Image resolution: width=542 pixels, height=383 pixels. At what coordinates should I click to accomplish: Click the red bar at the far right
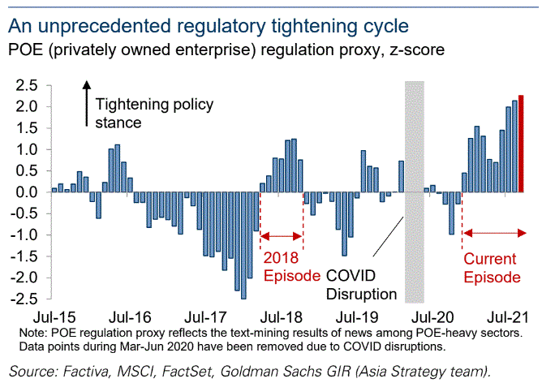(x=521, y=144)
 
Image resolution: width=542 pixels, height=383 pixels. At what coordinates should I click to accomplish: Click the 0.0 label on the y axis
(x=26, y=192)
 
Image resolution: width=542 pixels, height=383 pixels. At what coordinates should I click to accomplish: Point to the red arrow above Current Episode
(x=493, y=234)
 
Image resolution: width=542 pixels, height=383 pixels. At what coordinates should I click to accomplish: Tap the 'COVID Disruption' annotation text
(x=361, y=284)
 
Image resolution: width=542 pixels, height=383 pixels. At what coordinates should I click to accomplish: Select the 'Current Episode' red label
(x=491, y=268)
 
